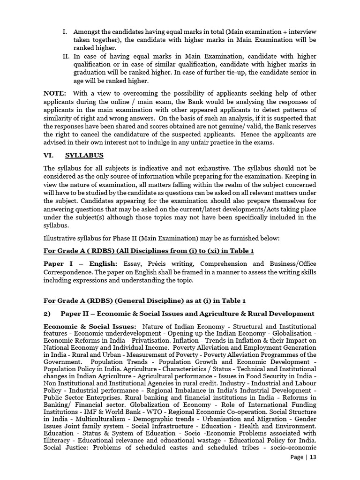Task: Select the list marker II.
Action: (x=66, y=56)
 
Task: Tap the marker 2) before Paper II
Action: (x=47, y=313)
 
